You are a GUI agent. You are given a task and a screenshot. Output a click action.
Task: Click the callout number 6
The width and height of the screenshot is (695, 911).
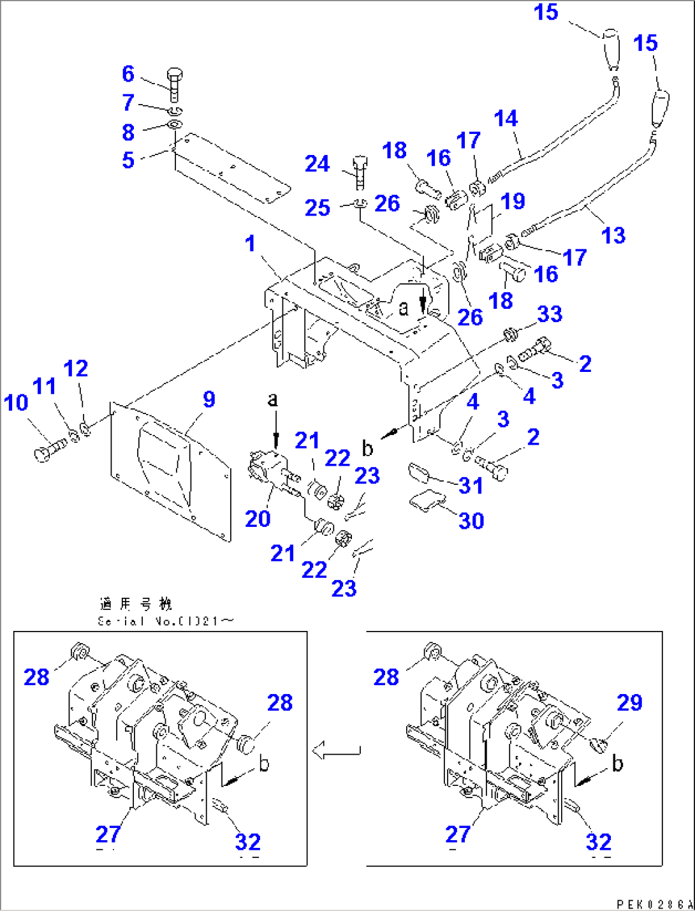pyautogui.click(x=128, y=74)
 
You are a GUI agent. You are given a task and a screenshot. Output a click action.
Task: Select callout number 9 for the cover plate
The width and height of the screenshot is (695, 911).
pyautogui.click(x=208, y=399)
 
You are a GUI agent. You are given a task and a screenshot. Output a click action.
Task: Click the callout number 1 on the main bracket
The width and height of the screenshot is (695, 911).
pyautogui.click(x=250, y=243)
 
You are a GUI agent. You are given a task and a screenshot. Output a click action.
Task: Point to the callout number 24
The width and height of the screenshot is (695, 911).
pyautogui.click(x=317, y=164)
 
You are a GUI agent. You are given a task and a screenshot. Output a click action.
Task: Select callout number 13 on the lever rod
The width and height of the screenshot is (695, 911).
pyautogui.click(x=613, y=235)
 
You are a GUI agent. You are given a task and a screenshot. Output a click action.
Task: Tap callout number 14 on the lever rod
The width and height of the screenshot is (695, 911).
pyautogui.click(x=506, y=118)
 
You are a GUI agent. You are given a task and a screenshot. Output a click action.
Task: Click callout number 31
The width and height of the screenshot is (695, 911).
pyautogui.click(x=471, y=485)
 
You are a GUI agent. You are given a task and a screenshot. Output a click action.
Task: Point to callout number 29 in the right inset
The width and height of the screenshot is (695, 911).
pyautogui.click(x=629, y=702)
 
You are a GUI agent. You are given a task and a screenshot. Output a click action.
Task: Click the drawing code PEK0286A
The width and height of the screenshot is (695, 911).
pyautogui.click(x=654, y=904)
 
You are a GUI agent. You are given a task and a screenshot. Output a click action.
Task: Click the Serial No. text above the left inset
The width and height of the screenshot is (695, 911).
pyautogui.click(x=165, y=621)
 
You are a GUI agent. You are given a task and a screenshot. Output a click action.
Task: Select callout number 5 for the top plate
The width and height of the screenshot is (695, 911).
pyautogui.click(x=128, y=160)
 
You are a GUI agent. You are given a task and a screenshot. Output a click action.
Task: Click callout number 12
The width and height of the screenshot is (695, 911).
pyautogui.click(x=76, y=368)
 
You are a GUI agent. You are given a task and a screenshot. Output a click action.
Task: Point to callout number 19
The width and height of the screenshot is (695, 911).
pyautogui.click(x=513, y=201)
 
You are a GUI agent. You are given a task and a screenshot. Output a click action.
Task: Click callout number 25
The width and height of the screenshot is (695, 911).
pyautogui.click(x=317, y=208)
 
